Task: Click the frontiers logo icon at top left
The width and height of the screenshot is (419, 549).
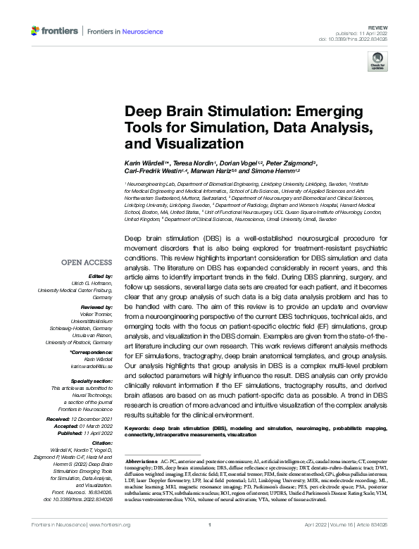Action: pyautogui.click(x=36, y=31)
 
